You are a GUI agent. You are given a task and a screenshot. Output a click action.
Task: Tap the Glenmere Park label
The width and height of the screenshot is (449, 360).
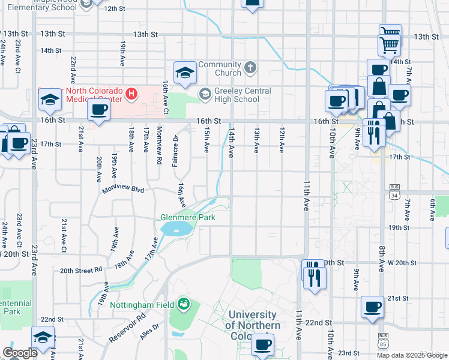(188, 217)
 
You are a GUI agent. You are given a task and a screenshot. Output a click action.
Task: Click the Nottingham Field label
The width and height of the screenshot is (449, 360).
(142, 304)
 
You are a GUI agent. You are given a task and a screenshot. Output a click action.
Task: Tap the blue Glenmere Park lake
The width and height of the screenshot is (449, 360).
(176, 229)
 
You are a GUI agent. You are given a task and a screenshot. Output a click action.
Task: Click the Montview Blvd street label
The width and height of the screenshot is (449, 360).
(123, 190)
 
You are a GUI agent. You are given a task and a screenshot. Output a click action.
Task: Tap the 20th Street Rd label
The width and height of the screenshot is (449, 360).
(81, 271)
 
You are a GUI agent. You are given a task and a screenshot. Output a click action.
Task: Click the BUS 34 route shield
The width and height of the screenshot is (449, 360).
(394, 191)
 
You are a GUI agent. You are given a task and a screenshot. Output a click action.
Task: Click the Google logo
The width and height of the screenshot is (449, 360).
(19, 353)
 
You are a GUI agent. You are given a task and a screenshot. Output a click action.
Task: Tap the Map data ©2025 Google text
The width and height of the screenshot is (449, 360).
(412, 355)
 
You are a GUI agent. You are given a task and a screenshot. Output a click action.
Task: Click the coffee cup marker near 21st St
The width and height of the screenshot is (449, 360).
(372, 307)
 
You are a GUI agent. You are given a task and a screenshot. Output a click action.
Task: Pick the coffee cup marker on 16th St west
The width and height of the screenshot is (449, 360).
(98, 110)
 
